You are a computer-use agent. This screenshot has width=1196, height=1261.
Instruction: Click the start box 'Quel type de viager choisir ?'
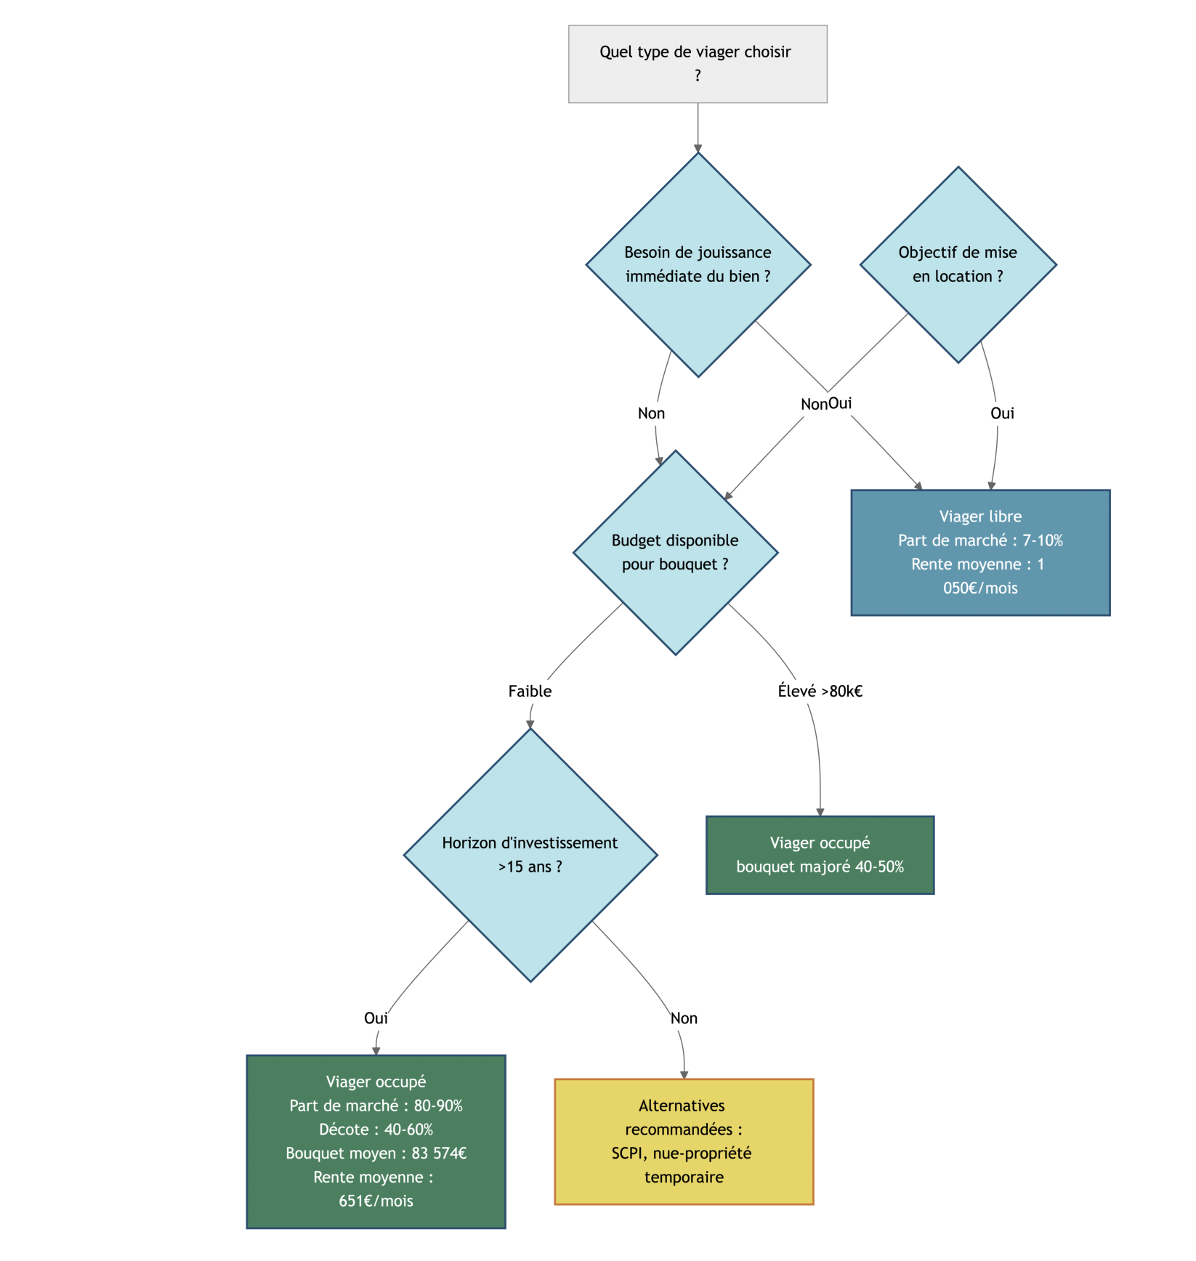pyautogui.click(x=697, y=64)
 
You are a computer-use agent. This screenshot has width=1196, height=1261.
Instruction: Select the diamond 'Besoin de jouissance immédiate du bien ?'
pyautogui.click(x=698, y=264)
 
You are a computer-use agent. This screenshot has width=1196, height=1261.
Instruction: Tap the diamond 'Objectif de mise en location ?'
pyautogui.click(x=958, y=264)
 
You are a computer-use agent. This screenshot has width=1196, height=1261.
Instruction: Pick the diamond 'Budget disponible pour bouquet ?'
pyautogui.click(x=675, y=552)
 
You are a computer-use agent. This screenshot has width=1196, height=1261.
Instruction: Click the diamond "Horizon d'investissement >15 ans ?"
pyautogui.click(x=530, y=855)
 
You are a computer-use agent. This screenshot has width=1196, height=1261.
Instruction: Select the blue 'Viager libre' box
pyautogui.click(x=979, y=552)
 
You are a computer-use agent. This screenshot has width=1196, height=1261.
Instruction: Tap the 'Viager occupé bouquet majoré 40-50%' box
pyautogui.click(x=819, y=854)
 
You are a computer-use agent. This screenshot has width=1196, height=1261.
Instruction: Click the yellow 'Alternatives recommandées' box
pyautogui.click(x=683, y=1141)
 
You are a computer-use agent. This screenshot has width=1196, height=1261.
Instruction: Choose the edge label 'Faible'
pyautogui.click(x=530, y=691)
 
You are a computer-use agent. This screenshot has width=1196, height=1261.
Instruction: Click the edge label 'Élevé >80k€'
pyautogui.click(x=820, y=691)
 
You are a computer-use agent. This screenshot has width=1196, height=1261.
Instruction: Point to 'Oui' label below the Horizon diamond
pyautogui.click(x=376, y=1018)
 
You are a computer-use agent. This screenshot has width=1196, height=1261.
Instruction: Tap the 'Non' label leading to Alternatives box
pyautogui.click(x=683, y=1018)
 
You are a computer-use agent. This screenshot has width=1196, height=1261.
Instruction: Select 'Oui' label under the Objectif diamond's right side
pyautogui.click(x=1002, y=413)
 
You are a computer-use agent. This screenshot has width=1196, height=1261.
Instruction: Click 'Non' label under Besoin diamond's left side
pyautogui.click(x=651, y=413)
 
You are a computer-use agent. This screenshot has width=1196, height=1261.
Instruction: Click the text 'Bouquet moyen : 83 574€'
pyautogui.click(x=376, y=1153)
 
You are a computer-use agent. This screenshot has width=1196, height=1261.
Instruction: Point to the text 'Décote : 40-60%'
pyautogui.click(x=376, y=1129)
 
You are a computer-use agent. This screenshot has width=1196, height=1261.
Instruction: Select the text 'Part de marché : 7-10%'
pyautogui.click(x=979, y=540)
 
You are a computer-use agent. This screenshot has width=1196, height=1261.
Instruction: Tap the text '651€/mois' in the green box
pyautogui.click(x=376, y=1201)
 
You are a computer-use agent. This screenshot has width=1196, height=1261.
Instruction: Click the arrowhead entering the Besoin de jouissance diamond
pyautogui.click(x=698, y=149)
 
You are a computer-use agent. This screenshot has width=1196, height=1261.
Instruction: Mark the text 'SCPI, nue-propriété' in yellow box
pyautogui.click(x=681, y=1153)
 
